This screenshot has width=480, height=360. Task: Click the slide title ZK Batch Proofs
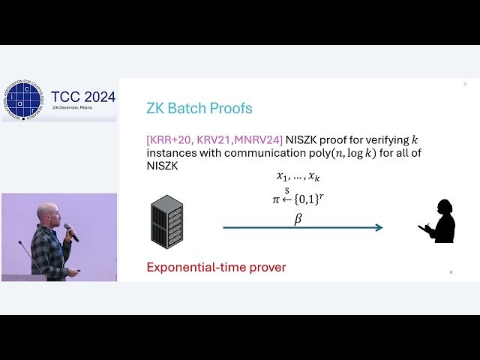pyautogui.click(x=199, y=108)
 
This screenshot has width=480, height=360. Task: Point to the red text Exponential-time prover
pyautogui.click(x=216, y=267)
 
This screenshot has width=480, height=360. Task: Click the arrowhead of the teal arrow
pyautogui.click(x=379, y=228)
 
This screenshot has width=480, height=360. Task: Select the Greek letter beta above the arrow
pyautogui.click(x=298, y=219)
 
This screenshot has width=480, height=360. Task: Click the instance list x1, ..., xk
pyautogui.click(x=298, y=177)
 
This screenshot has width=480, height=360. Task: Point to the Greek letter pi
pyautogui.click(x=275, y=201)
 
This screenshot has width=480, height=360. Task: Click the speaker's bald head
pyautogui.click(x=48, y=212)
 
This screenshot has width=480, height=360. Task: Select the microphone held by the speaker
pyautogui.click(x=70, y=232)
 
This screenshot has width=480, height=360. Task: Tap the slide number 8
pyautogui.click(x=451, y=272)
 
